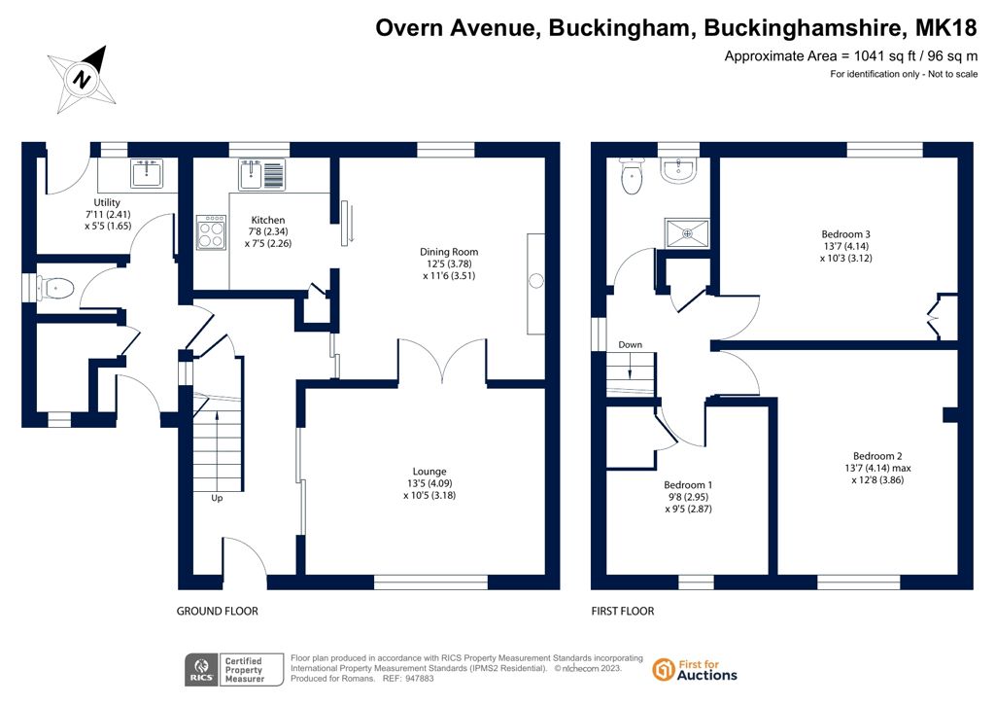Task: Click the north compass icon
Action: (84, 80)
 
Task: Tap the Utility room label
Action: (107, 214)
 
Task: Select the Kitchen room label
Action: (268, 231)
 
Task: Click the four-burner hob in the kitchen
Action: (211, 232)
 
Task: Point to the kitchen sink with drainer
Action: (262, 175)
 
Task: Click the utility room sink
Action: (147, 173)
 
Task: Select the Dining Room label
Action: (449, 264)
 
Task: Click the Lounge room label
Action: (429, 483)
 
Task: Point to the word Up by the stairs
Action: (217, 498)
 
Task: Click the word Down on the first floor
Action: (630, 344)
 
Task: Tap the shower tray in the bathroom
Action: (687, 233)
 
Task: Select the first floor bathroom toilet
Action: (632, 175)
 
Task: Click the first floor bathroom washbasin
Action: (679, 169)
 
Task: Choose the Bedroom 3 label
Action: (845, 246)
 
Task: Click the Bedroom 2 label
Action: (877, 468)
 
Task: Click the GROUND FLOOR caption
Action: (217, 612)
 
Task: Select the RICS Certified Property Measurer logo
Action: (234, 670)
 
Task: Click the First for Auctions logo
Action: (695, 670)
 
